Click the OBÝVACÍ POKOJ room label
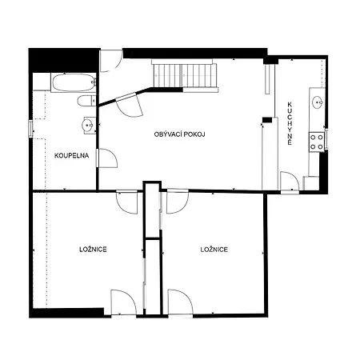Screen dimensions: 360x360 point(179,134)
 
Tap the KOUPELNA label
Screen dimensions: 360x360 point(71,155)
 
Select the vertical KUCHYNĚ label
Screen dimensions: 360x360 point(290,123)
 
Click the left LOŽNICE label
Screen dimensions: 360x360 point(93,250)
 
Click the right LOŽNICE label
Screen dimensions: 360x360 point(214,250)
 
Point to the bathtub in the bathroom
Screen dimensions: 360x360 point(74,82)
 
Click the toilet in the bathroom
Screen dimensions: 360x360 point(86,101)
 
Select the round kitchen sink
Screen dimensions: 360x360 point(318,102)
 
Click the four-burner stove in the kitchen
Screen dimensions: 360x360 point(317,142)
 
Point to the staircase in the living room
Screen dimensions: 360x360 point(185,75)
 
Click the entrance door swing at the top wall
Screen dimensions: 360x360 point(111,61)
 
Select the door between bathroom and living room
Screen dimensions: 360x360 point(107,158)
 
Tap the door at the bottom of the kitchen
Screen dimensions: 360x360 point(290,182)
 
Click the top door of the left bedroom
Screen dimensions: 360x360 point(127,202)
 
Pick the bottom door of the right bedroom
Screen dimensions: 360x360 point(181,302)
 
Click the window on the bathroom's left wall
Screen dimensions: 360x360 point(30,129)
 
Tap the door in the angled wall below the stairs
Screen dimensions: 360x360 point(130,105)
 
